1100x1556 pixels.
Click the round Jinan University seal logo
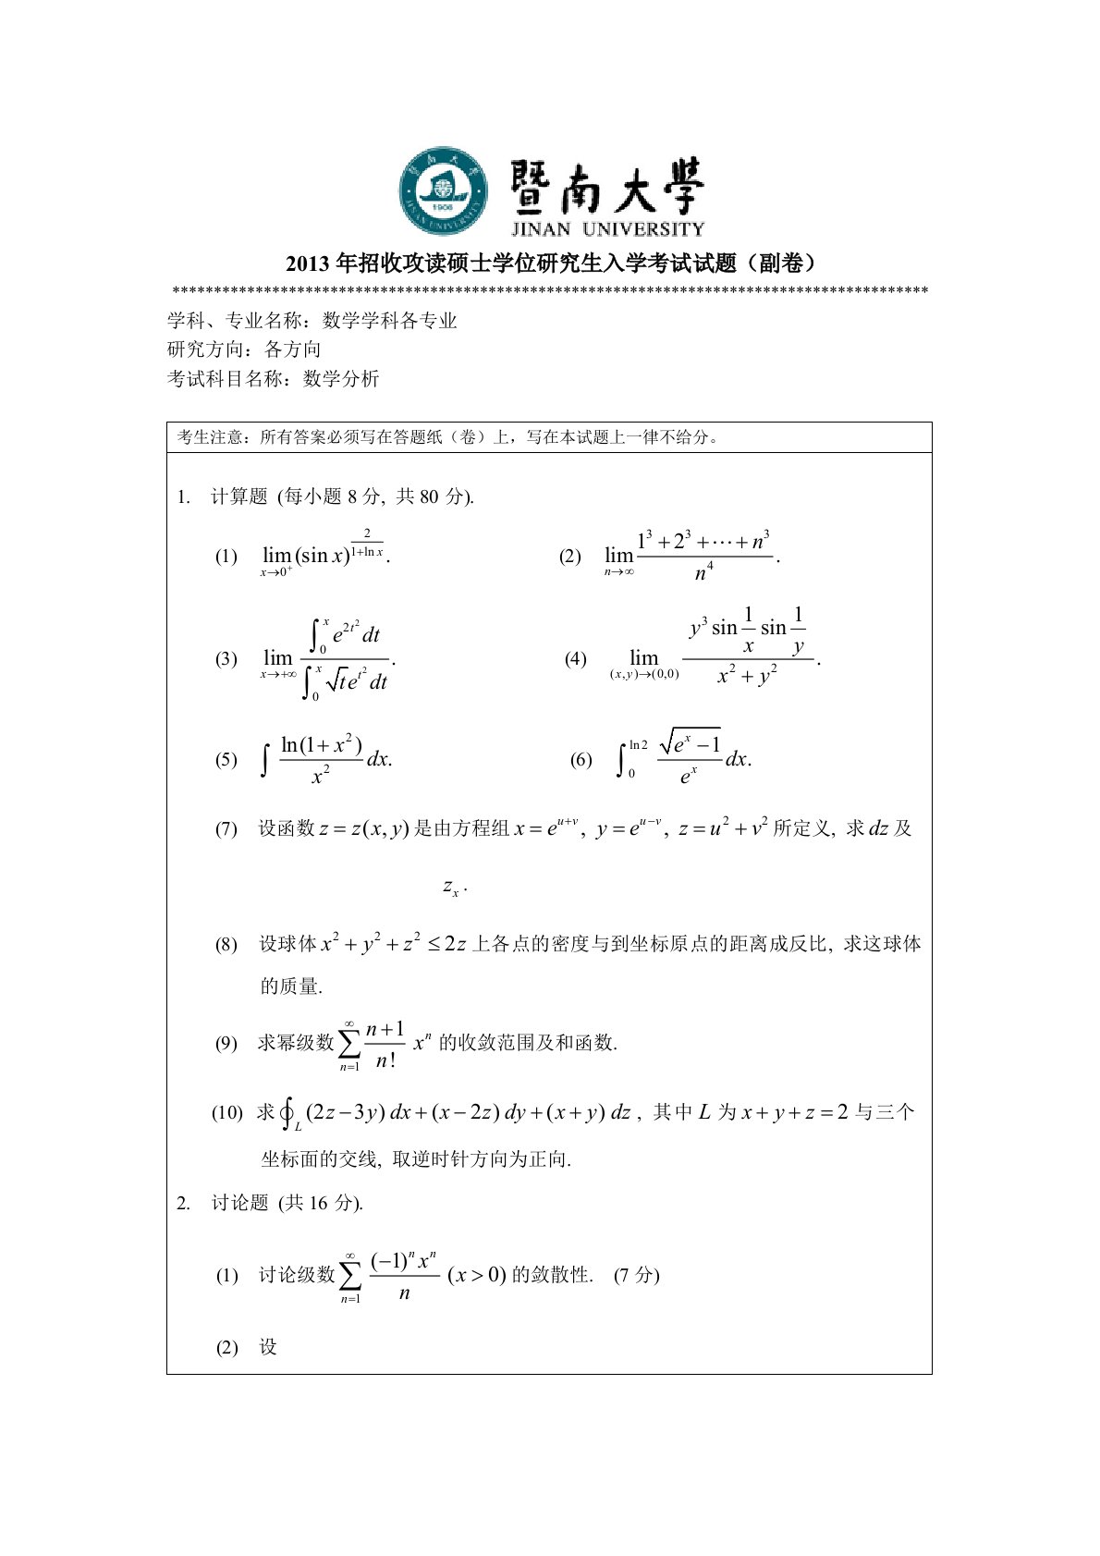pyautogui.click(x=443, y=190)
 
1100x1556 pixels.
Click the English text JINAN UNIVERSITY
pyautogui.click(x=607, y=228)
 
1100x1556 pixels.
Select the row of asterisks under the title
pyautogui.click(x=550, y=292)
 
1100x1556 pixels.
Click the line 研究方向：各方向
pyautogui.click(x=244, y=349)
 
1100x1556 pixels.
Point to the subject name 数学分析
pyautogui.click(x=341, y=378)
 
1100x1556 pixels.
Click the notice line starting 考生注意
pyautogui.click(x=448, y=437)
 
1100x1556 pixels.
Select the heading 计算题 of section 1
pyautogui.click(x=238, y=496)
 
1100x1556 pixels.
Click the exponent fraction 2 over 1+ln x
pyautogui.click(x=367, y=544)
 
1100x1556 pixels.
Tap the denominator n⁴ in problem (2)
pyautogui.click(x=703, y=573)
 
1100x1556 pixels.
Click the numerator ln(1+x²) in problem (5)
pyautogui.click(x=321, y=745)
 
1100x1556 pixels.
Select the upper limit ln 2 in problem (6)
pyautogui.click(x=638, y=744)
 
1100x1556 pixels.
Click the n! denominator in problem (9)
pyautogui.click(x=385, y=1060)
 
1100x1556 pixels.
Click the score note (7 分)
pyautogui.click(x=636, y=1275)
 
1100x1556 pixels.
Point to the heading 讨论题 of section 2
pyautogui.click(x=239, y=1203)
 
